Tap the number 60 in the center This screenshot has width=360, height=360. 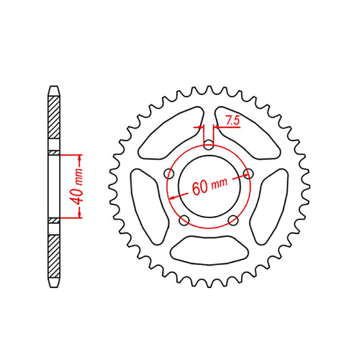click(x=201, y=189)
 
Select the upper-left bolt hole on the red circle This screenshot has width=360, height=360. click(x=170, y=174)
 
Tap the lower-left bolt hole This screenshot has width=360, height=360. click(x=185, y=220)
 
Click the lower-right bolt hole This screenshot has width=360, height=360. click(x=233, y=220)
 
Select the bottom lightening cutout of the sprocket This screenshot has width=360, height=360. click(x=209, y=248)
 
